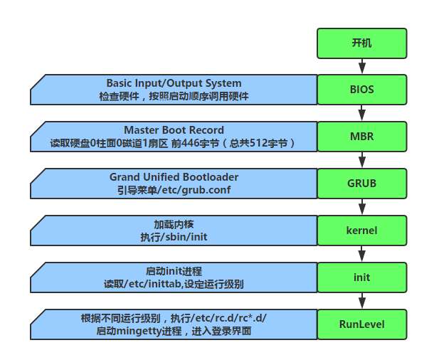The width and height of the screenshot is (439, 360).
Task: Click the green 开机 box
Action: coord(361,43)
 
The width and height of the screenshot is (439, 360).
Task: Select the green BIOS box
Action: coord(361,90)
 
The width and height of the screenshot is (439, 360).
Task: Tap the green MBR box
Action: coord(361,137)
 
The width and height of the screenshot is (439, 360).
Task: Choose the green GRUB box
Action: coord(361,184)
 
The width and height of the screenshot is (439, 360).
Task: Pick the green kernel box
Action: coord(361,231)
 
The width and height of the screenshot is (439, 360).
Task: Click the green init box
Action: coord(361,277)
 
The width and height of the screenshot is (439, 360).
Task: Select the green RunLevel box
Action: coord(361,324)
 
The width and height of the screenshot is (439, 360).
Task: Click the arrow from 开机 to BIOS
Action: coord(362,66)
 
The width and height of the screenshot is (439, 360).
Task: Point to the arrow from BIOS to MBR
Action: coord(362,113)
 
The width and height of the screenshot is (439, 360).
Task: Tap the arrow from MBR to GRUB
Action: coord(362,160)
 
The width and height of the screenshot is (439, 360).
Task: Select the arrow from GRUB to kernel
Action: coord(362,207)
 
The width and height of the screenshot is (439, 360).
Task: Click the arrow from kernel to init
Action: coord(362,254)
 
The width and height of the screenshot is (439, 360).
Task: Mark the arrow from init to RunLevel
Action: coord(362,301)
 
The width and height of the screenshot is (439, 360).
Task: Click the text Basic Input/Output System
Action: coord(174,83)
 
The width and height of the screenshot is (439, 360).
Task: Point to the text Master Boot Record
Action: coord(174,130)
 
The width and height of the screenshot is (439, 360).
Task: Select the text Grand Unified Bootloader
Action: coord(174,177)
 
